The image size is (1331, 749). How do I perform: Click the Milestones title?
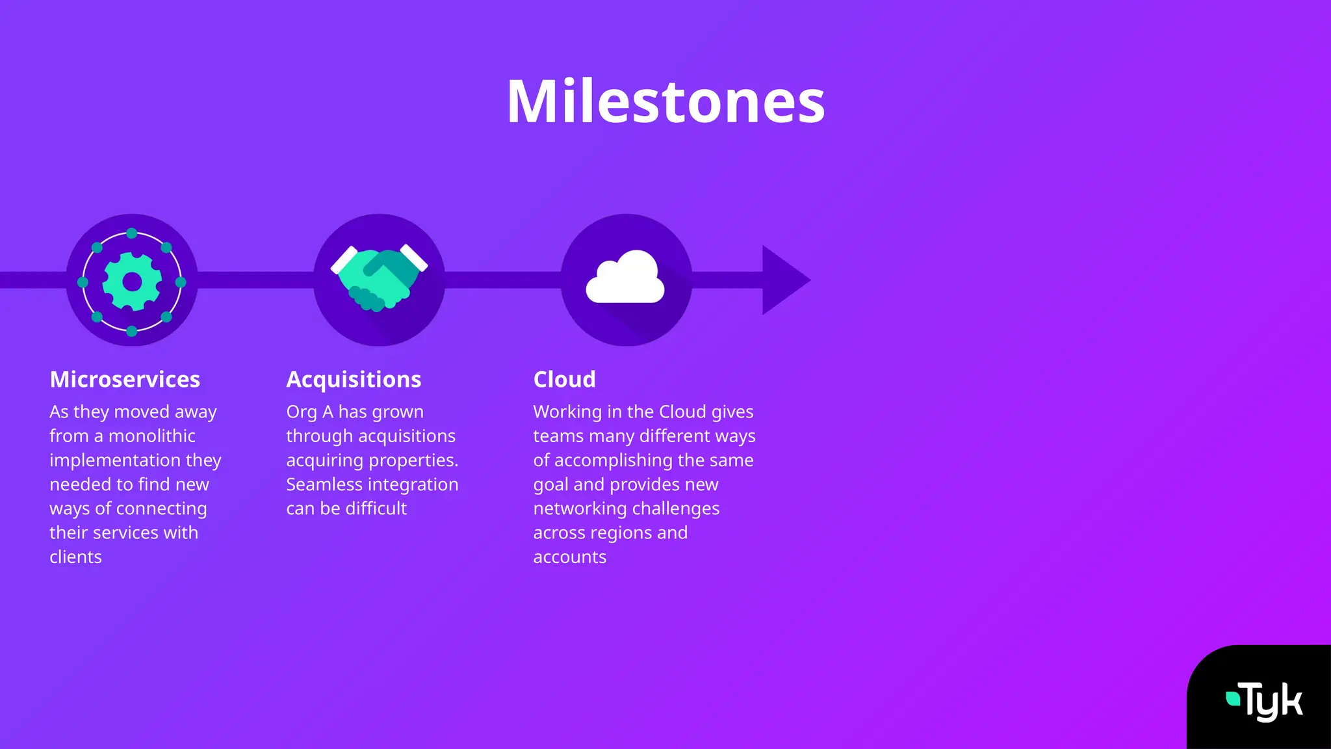(x=665, y=102)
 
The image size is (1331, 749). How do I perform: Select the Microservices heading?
(x=125, y=379)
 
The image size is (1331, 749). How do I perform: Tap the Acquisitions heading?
(x=354, y=379)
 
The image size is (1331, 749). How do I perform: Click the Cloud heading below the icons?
(x=564, y=379)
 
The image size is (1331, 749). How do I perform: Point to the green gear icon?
(x=132, y=282)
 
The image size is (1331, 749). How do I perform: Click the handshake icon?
(x=380, y=278)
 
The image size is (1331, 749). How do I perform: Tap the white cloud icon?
(x=625, y=278)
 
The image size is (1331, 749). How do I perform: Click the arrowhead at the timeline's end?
(x=784, y=280)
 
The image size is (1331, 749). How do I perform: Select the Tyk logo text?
(x=1273, y=702)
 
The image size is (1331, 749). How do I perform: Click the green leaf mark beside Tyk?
(x=1232, y=698)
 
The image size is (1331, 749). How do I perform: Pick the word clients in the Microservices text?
(x=75, y=557)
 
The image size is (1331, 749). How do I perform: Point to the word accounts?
(x=569, y=557)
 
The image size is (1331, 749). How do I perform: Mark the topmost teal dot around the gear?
(x=132, y=233)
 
